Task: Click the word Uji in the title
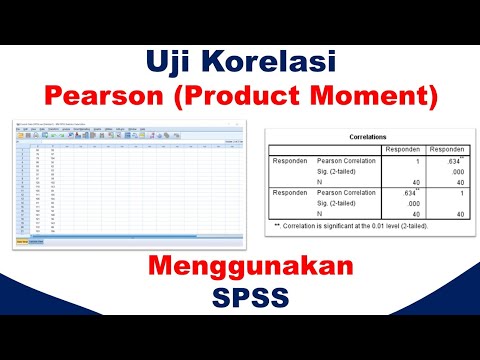point(174,63)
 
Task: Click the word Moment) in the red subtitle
point(385,97)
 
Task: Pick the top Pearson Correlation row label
point(346,160)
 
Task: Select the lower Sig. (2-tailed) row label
point(338,203)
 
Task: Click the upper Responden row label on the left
point(290,160)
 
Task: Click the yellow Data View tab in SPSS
point(21,241)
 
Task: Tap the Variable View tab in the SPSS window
point(36,241)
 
